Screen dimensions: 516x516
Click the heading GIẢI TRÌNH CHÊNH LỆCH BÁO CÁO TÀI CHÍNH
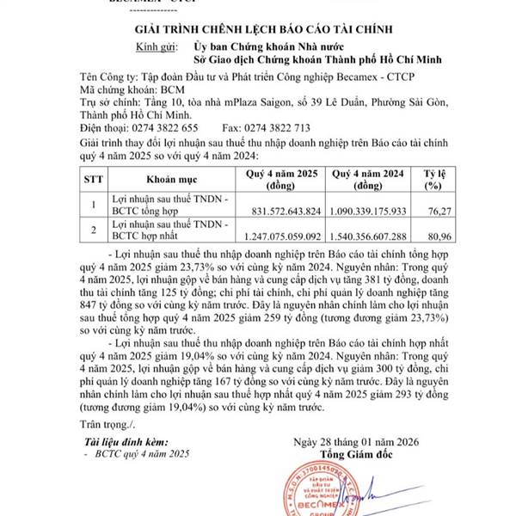(x=258, y=32)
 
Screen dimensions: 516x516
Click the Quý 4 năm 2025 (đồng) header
(x=279, y=181)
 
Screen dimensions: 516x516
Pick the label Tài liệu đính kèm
(x=126, y=440)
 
